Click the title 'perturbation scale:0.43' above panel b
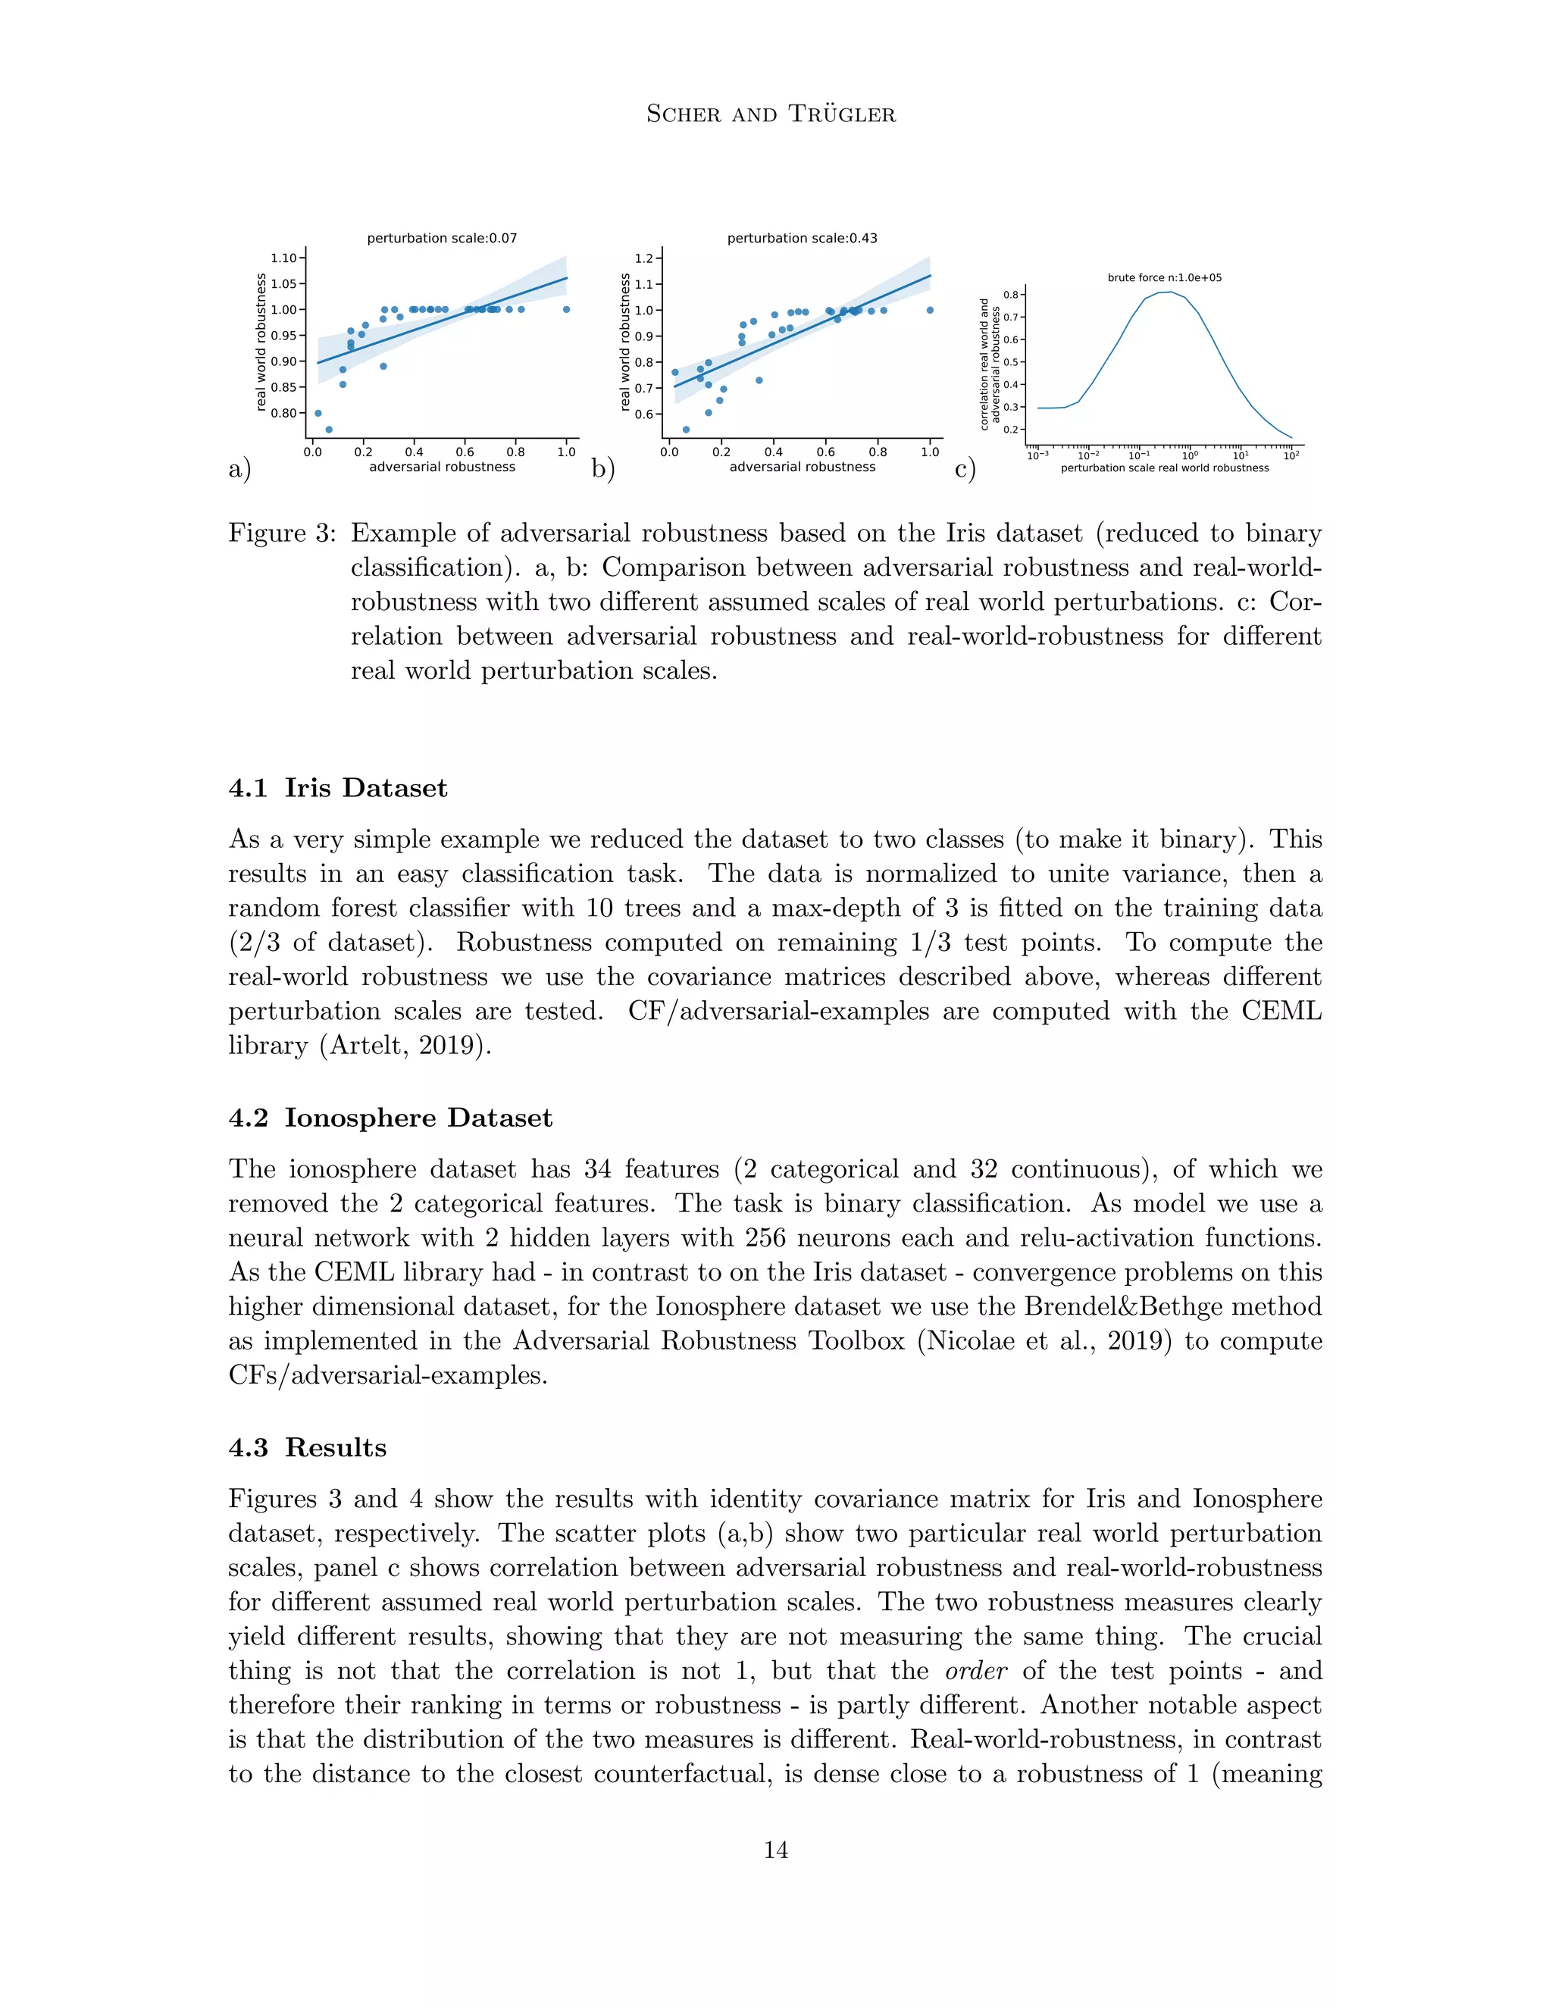(802, 238)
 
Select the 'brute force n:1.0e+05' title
(1164, 277)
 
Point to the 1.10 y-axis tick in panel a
(283, 258)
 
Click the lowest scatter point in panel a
(329, 430)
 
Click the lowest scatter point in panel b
(686, 430)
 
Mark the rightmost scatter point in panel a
(566, 310)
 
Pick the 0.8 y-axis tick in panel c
(1009, 295)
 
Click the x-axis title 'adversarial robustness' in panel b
(802, 467)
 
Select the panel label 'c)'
(965, 470)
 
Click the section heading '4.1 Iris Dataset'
(337, 788)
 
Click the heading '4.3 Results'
(307, 1447)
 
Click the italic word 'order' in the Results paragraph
(975, 1671)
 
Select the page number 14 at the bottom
(775, 1850)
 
